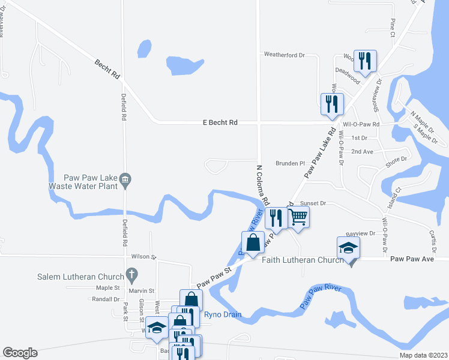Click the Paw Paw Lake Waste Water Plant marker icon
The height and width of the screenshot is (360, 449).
[x=125, y=179]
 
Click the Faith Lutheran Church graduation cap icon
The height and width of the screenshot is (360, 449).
[x=348, y=248]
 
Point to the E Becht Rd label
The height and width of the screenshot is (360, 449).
[x=221, y=122]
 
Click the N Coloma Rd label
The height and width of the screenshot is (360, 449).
[x=263, y=184]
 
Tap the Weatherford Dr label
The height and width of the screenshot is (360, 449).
[x=285, y=55]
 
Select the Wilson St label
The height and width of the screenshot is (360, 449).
[x=144, y=256]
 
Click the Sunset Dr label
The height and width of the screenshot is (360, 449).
[x=313, y=203]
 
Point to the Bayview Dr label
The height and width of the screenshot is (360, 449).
[x=360, y=233]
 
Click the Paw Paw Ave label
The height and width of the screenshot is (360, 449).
[x=412, y=259]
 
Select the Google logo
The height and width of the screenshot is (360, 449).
[x=20, y=353]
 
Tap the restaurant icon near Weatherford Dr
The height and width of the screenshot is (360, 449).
[x=364, y=61]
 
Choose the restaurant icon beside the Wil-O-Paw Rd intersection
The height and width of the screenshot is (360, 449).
[x=331, y=103]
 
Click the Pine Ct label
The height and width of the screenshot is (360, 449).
[x=392, y=27]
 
